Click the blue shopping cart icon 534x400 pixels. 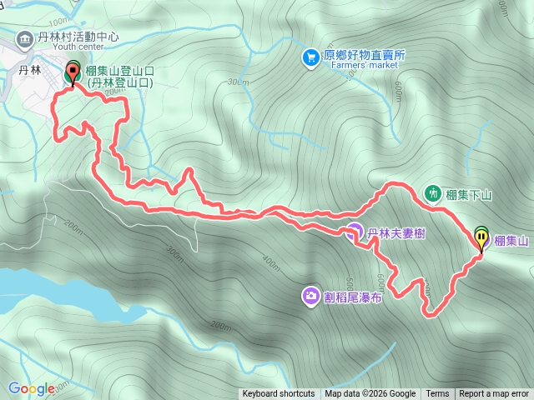311,57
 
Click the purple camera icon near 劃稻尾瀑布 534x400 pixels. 310,295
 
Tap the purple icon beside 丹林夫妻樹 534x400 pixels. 354,232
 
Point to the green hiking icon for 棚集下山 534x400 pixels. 433,193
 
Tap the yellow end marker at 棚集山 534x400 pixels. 482,238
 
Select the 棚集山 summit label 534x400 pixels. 511,242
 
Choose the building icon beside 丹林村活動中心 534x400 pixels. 25,37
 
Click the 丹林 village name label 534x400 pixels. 30,71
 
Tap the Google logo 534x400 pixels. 31,388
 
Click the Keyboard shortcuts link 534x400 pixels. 279,394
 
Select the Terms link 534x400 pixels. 437,394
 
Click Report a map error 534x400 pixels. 494,394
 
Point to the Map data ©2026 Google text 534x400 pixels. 370,394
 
